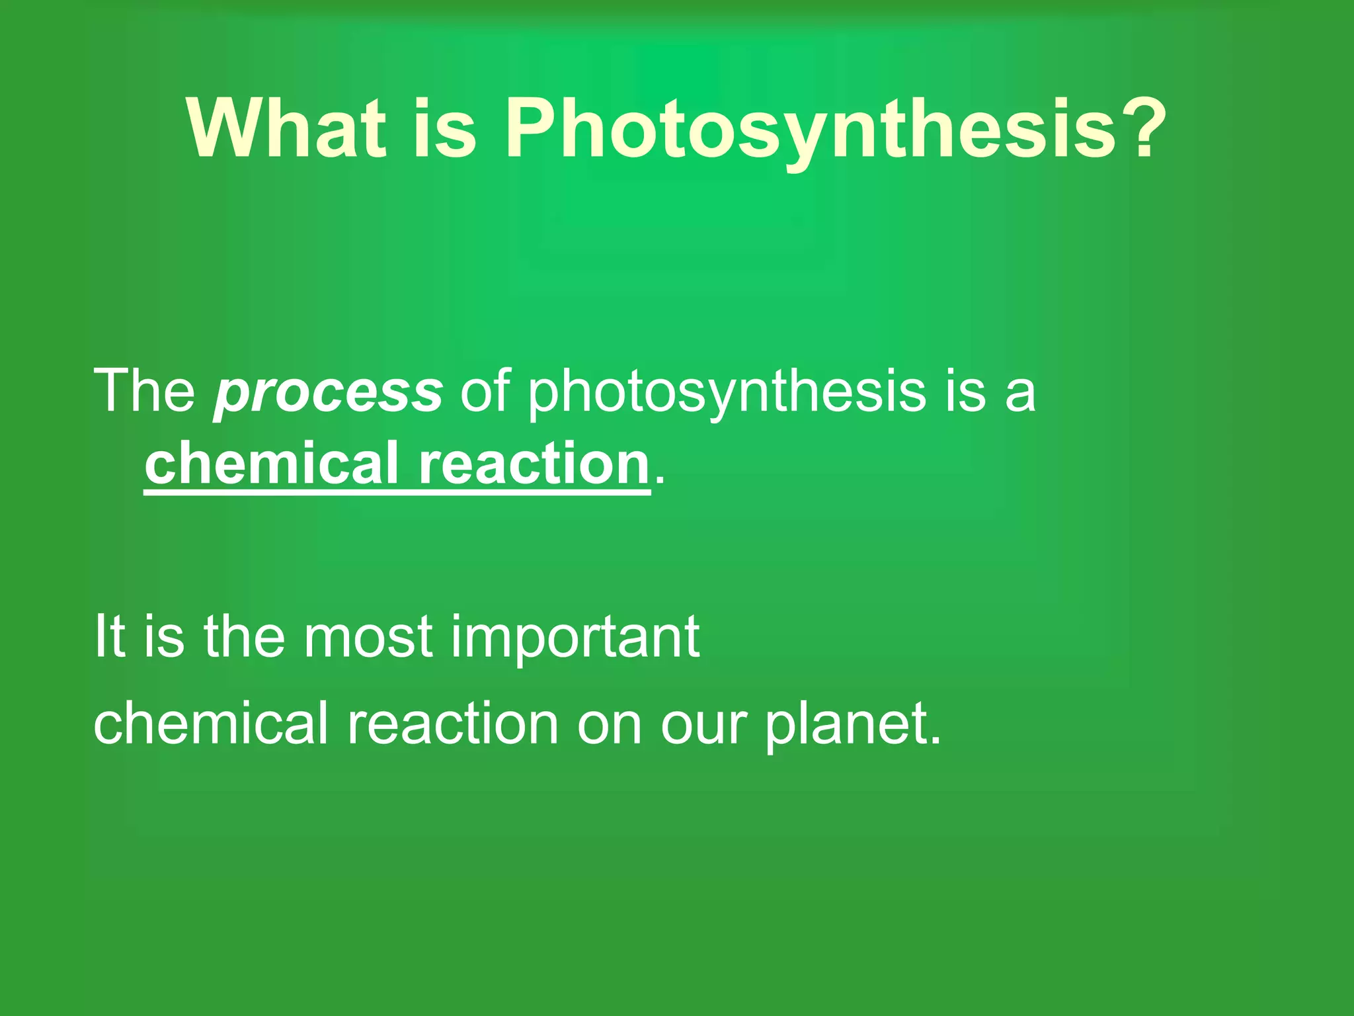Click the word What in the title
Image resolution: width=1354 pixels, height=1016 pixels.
(286, 128)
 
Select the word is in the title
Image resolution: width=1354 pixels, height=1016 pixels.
(444, 128)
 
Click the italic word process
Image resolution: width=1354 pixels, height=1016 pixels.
(328, 392)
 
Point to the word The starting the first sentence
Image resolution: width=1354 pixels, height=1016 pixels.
(144, 392)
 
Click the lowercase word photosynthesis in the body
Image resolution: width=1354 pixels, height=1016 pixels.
(727, 392)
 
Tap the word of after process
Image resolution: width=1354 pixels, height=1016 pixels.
(485, 392)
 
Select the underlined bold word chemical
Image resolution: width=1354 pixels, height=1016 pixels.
(271, 464)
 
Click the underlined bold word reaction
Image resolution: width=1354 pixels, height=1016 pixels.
(534, 464)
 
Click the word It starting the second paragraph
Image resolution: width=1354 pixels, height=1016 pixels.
(109, 636)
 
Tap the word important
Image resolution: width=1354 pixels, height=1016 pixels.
(575, 636)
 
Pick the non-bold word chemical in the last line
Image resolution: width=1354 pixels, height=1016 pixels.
(210, 724)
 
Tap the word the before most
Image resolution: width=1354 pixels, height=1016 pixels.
(244, 636)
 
